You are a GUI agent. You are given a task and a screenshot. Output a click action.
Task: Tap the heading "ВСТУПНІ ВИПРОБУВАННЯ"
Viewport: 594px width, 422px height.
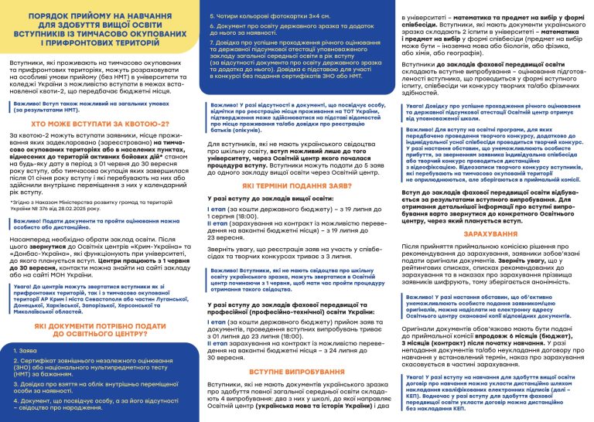point(298,371)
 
